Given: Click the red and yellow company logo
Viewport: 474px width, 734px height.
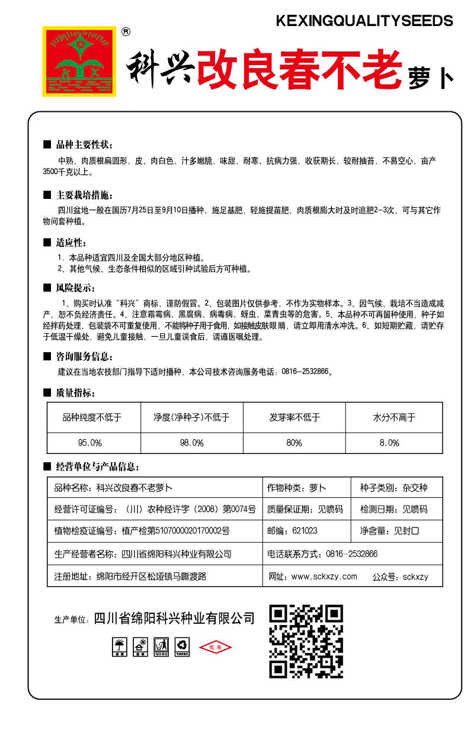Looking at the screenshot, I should click(79, 61).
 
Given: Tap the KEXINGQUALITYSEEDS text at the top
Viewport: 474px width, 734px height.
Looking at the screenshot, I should click(364, 21).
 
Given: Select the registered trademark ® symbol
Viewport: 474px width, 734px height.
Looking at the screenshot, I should click(126, 32).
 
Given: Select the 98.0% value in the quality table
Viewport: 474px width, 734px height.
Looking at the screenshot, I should click(192, 443).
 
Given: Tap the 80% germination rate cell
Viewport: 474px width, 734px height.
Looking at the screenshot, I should click(294, 443).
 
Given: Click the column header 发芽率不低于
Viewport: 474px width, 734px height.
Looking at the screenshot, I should click(294, 417).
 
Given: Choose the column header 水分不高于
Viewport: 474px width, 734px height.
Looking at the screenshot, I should click(394, 417).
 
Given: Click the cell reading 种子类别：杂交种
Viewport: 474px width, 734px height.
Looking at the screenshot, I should click(393, 488).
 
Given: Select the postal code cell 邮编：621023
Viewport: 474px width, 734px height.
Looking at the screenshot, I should click(293, 530).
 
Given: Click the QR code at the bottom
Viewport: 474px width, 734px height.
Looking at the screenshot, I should click(306, 640).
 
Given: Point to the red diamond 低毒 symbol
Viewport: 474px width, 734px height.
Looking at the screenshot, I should click(215, 647).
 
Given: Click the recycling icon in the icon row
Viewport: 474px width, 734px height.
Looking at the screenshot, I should click(182, 647).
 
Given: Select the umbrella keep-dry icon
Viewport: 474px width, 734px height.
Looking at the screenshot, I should click(120, 647).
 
